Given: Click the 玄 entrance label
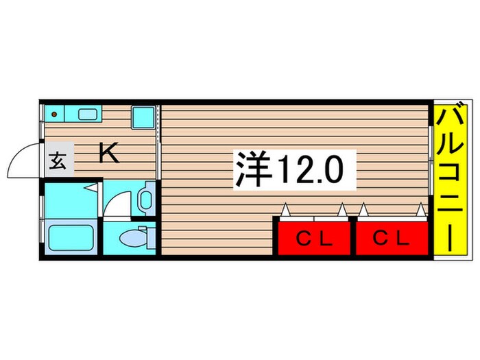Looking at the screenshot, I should [57, 163].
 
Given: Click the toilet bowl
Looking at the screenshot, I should [130, 238].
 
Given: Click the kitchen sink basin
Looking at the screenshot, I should [87, 115].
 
